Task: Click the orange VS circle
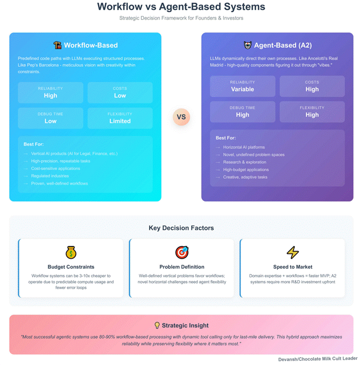181,117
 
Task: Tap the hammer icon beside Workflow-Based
58,45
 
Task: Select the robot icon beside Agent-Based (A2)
248,45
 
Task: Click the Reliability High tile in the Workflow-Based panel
51,92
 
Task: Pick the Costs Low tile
120,92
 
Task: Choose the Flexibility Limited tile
120,118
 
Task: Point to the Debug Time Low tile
51,118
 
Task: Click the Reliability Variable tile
243,86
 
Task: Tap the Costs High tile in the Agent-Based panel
312,86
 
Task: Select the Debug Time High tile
243,111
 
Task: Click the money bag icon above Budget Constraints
71,252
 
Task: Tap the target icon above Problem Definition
182,252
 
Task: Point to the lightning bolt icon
293,252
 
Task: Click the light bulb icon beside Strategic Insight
157,325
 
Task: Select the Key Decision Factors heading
181,228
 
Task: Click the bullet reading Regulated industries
50,176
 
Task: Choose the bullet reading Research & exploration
244,162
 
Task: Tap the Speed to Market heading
293,267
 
